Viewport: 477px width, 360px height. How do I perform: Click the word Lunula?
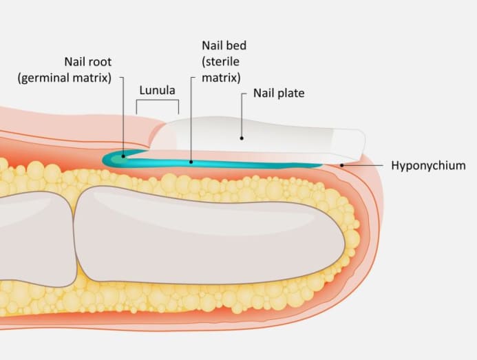[x=158, y=90]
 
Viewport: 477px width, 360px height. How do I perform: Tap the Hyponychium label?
[x=428, y=165]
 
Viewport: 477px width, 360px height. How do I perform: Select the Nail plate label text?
[x=279, y=92]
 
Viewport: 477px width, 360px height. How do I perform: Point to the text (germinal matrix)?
[x=65, y=77]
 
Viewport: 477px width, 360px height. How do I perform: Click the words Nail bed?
[x=224, y=45]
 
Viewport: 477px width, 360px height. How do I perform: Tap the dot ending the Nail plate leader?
[x=242, y=137]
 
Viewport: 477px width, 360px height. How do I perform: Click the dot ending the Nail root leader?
[x=124, y=156]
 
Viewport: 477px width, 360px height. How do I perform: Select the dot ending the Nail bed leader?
[x=191, y=162]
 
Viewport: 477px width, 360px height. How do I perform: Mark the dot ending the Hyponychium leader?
[x=342, y=165]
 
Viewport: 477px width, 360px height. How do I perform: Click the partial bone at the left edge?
[x=31, y=237]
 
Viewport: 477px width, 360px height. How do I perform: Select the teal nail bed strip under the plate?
[x=241, y=164]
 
